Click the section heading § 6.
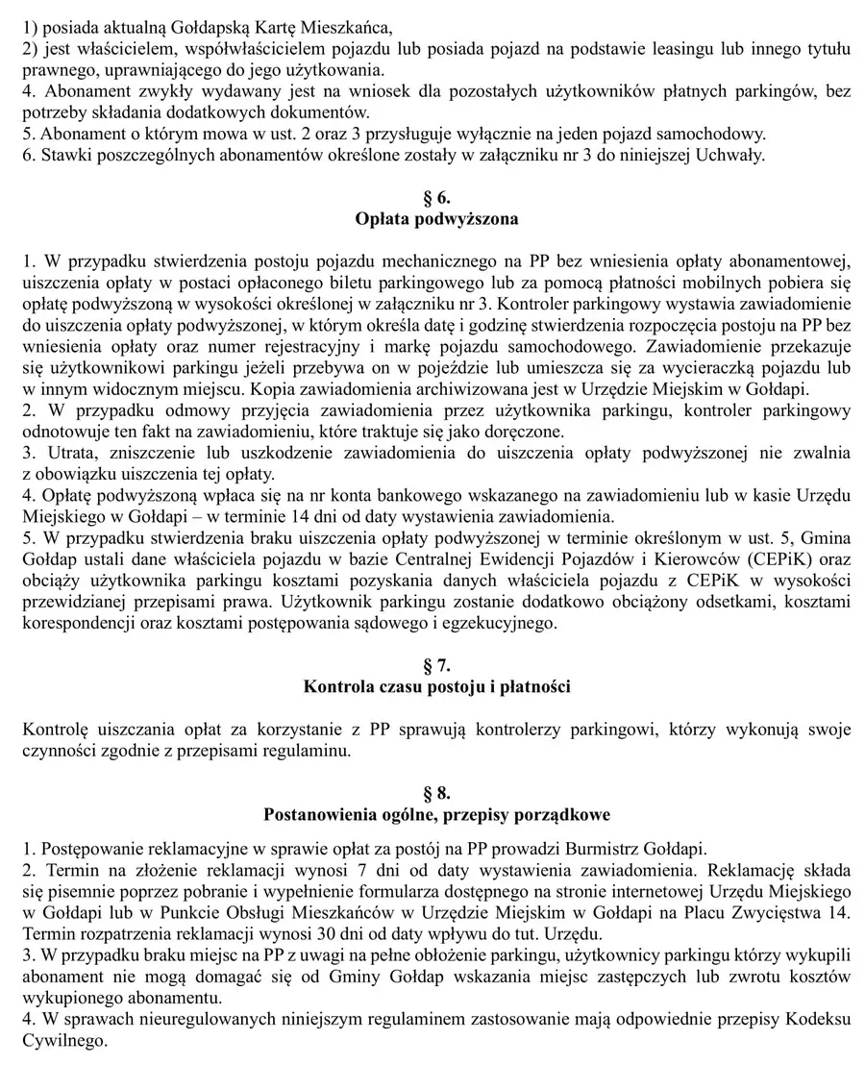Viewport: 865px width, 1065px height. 436,198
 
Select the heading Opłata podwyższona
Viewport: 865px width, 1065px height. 436,219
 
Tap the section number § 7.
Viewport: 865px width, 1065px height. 436,665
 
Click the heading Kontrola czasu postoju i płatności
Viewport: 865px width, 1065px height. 436,686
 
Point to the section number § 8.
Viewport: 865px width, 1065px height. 436,793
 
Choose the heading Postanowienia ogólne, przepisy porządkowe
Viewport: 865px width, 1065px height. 436,814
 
